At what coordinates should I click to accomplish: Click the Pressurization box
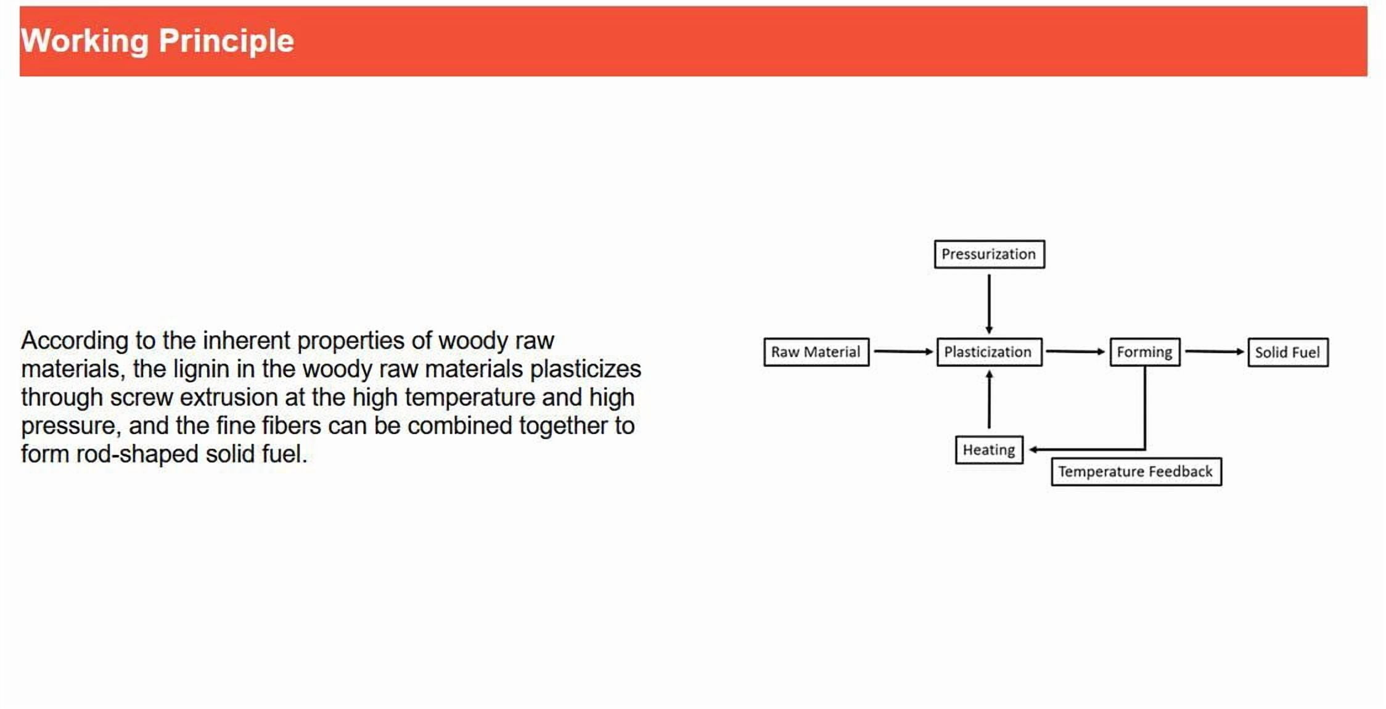tap(989, 254)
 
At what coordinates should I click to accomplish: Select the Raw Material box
tap(816, 352)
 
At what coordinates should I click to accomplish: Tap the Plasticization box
tap(989, 352)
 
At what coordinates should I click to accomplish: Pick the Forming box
tap(1145, 352)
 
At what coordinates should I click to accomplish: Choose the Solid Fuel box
tap(1288, 352)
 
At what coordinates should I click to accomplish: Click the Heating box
tap(989, 449)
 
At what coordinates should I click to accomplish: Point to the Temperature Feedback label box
tap(1136, 472)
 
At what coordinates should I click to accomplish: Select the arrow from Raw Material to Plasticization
tap(904, 351)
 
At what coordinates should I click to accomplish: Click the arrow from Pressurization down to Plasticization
tap(989, 304)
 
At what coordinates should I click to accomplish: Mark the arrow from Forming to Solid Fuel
tap(1215, 351)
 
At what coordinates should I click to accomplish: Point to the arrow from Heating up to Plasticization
tap(989, 400)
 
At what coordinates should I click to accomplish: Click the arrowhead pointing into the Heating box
tap(1033, 449)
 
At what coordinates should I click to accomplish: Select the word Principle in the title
tap(226, 41)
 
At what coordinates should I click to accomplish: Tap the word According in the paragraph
tap(75, 340)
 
